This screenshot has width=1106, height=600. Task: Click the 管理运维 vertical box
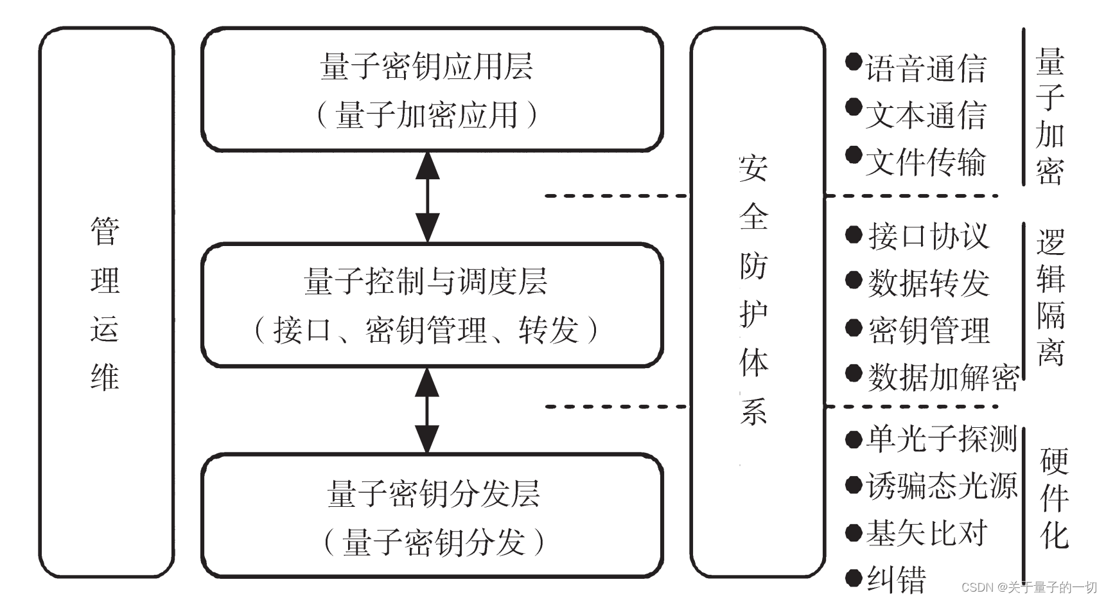pos(106,302)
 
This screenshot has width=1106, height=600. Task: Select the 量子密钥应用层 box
pos(432,90)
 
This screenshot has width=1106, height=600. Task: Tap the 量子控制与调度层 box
pos(432,305)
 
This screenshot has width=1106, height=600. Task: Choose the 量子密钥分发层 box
pos(432,517)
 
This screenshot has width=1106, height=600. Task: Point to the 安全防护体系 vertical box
pos(757,302)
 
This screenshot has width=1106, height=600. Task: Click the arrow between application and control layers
pos(427,197)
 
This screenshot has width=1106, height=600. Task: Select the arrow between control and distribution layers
pos(427,410)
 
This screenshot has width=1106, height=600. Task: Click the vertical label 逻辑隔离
pos(1051,297)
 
